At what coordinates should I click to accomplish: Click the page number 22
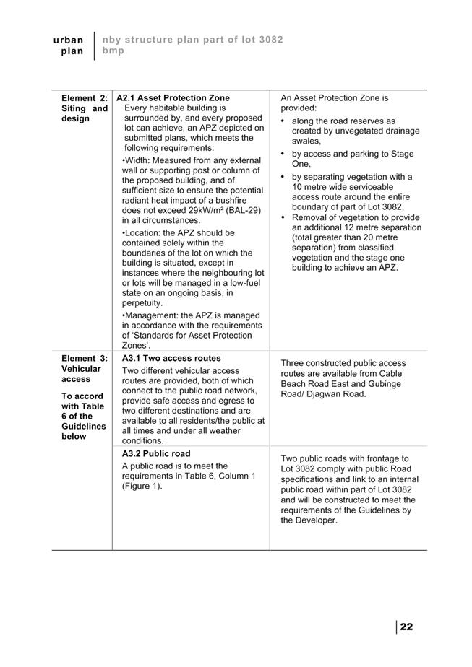(406, 627)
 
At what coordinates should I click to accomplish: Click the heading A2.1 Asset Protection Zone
(173, 98)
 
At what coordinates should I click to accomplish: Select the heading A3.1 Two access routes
(171, 358)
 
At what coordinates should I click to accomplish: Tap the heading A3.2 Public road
(156, 454)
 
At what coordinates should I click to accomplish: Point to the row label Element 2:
(85, 98)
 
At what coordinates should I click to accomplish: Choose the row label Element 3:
(85, 358)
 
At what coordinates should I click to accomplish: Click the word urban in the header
(69, 40)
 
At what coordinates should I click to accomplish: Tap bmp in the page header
(113, 51)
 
